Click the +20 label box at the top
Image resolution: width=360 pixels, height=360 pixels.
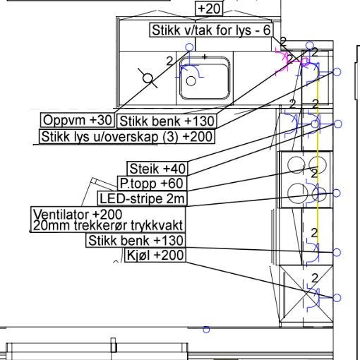coord(209,8)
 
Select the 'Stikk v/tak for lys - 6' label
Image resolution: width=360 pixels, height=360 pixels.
coord(211,30)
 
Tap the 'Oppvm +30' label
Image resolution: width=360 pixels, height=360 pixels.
coord(78,120)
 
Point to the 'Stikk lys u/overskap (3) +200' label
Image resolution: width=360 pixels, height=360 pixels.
coord(127,136)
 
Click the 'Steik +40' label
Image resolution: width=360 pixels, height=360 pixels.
coord(157,169)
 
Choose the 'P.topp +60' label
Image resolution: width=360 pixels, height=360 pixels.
coord(152,184)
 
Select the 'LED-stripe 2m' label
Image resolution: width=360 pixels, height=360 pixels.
coord(143,198)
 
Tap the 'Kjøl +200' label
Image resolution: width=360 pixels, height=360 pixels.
coord(155,255)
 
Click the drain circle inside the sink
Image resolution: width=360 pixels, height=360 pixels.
coord(191,81)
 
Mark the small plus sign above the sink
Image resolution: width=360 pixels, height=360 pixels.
coord(205,56)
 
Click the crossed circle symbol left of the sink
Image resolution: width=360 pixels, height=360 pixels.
coord(148,78)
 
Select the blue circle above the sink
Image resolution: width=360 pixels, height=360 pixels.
coord(189,47)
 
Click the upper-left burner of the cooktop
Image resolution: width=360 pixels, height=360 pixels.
coord(296,164)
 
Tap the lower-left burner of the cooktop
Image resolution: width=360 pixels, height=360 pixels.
coord(298,193)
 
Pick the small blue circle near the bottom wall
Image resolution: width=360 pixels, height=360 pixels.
coord(206,330)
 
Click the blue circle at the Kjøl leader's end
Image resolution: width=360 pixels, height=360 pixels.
coord(337,298)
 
